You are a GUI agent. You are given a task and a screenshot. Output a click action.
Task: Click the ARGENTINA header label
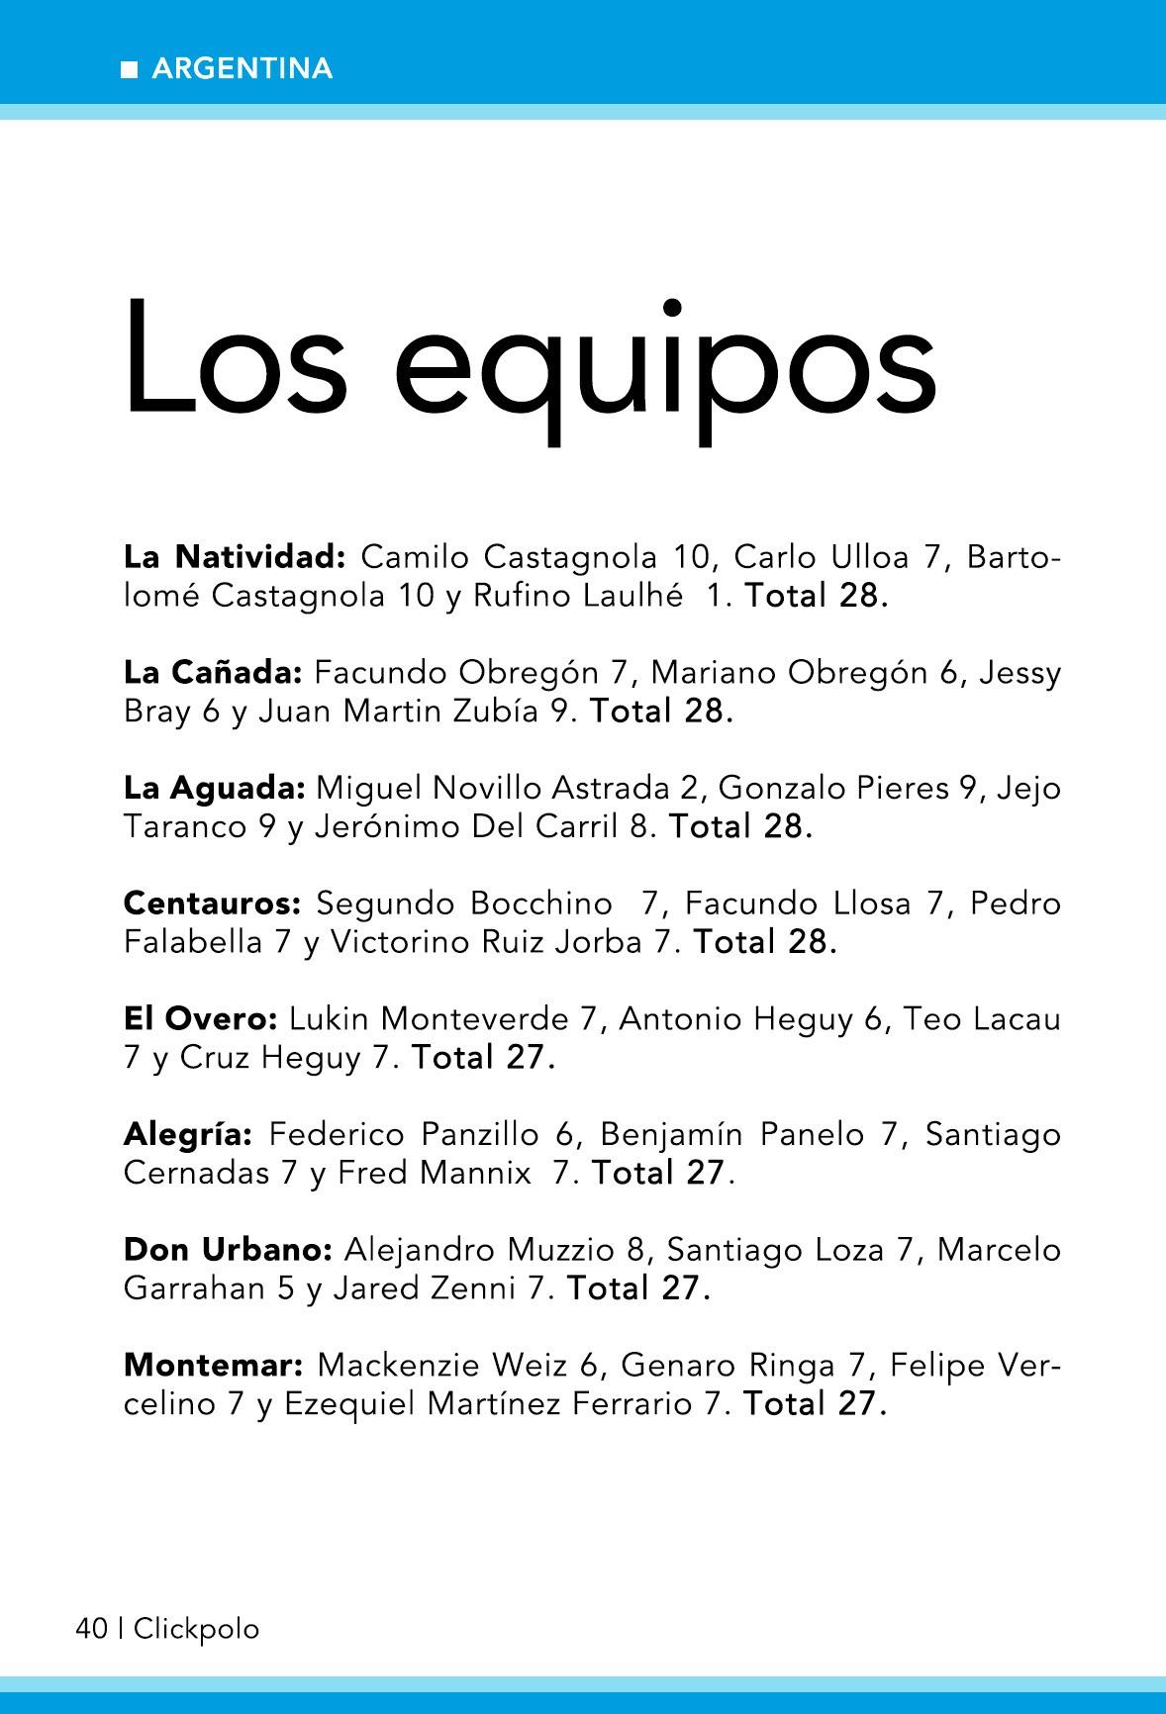(x=243, y=68)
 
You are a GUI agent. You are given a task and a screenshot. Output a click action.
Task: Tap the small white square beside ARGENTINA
(x=129, y=69)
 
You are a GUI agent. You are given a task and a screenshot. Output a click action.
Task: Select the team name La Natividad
(x=234, y=557)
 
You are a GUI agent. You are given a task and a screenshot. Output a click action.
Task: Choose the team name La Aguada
(x=215, y=789)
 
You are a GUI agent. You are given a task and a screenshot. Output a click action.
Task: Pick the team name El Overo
(x=202, y=1018)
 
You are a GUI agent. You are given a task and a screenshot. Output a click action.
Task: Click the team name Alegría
(x=189, y=1134)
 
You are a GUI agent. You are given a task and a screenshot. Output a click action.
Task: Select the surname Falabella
(x=193, y=943)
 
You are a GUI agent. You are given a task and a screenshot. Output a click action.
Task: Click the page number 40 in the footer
(x=91, y=1629)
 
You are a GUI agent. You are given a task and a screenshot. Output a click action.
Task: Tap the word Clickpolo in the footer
(x=196, y=1629)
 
